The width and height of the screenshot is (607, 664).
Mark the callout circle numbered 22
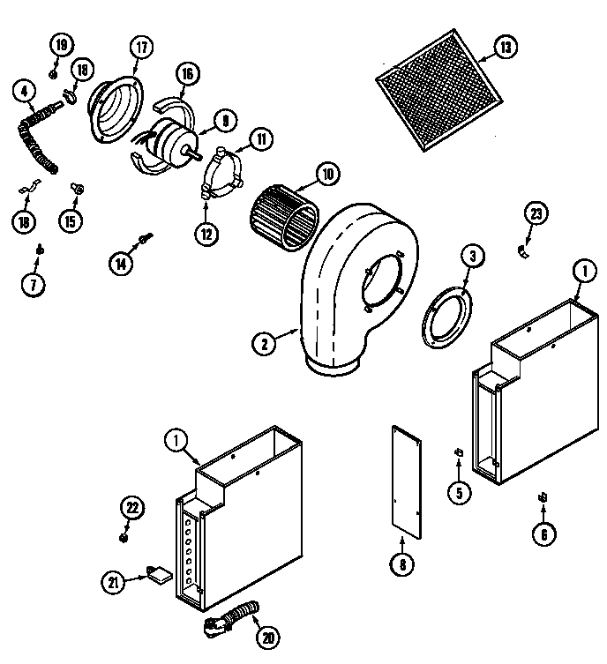131,507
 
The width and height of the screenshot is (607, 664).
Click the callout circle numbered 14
121,262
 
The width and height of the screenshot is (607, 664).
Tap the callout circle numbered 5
458,492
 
